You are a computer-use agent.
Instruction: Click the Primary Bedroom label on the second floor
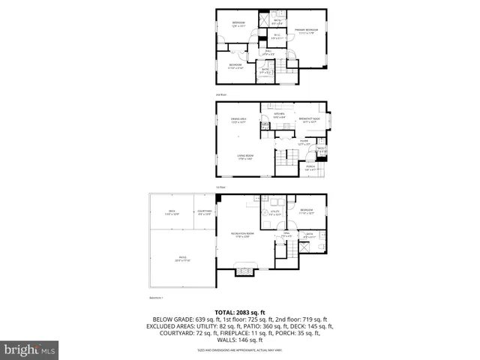307,31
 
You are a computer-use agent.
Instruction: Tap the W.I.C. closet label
277,36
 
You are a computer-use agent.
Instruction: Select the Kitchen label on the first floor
278,115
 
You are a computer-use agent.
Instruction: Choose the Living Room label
244,157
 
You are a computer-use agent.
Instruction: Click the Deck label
171,214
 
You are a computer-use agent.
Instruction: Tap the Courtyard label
204,214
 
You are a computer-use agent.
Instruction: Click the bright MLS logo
30,350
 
